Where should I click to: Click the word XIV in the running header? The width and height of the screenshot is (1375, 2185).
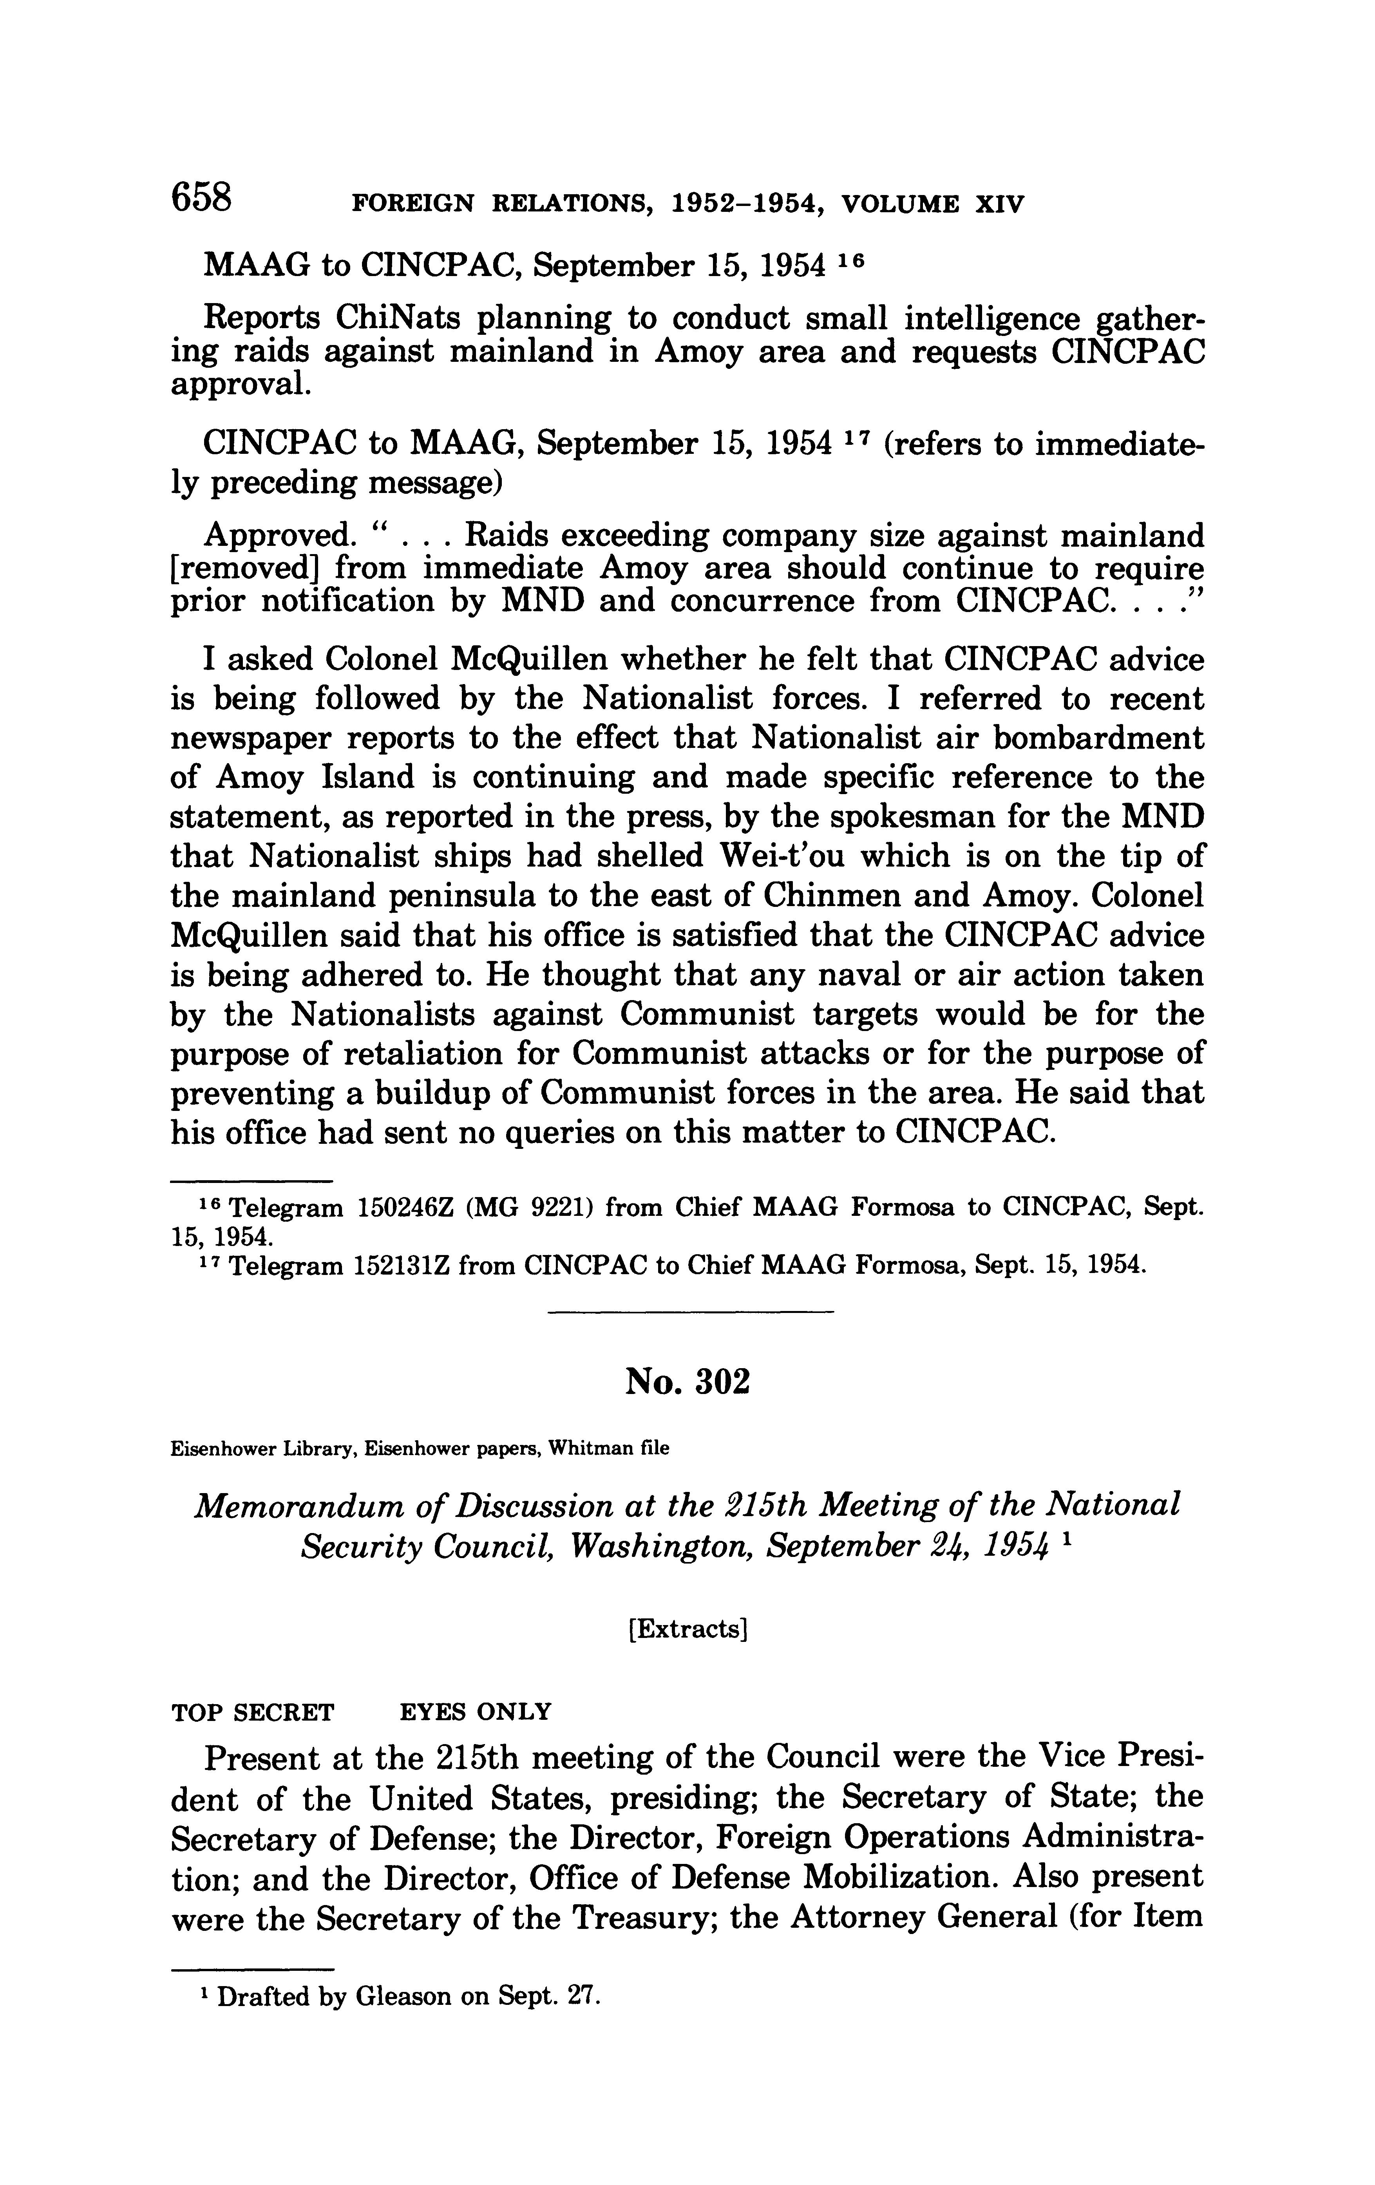(x=999, y=204)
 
